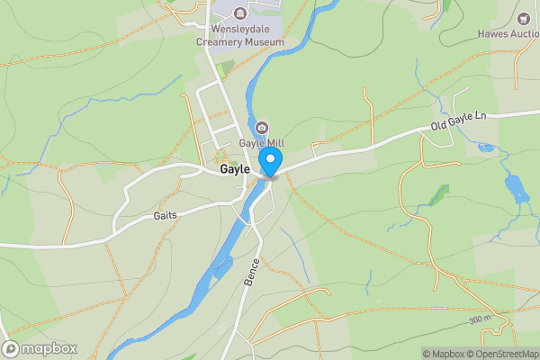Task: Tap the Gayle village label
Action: click(236, 168)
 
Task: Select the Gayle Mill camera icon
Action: click(262, 127)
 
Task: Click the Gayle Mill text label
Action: click(262, 142)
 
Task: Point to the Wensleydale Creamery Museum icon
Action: click(239, 13)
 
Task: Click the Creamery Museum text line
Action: click(241, 42)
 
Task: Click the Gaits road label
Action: click(165, 215)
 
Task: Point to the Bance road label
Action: click(251, 271)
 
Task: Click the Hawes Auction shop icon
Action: click(525, 18)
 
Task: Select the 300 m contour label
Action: click(480, 319)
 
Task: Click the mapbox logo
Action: click(40, 348)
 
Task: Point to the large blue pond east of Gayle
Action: click(517, 189)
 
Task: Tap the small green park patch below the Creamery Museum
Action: click(224, 68)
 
